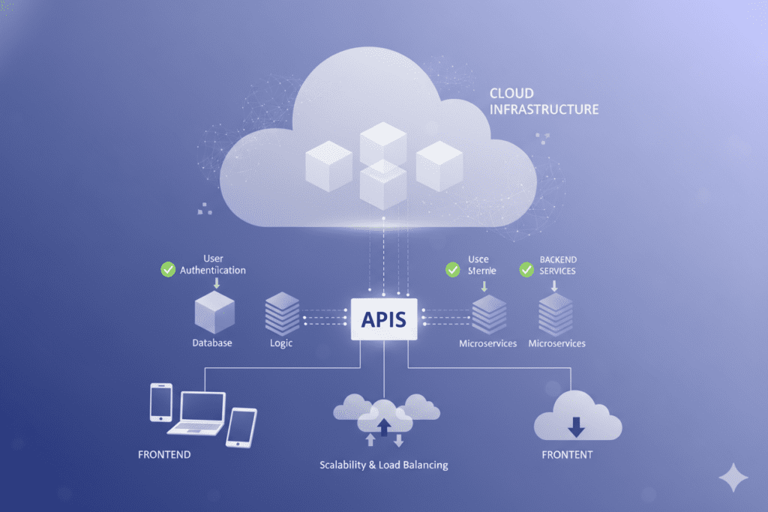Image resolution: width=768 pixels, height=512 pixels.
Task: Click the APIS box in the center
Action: [383, 319]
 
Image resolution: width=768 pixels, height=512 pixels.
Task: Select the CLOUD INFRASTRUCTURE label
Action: [544, 101]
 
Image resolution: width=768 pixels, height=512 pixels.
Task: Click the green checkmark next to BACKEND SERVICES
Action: [526, 269]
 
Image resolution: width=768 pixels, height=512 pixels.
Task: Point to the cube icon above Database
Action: [214, 313]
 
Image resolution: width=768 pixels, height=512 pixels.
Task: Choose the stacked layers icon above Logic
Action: [282, 313]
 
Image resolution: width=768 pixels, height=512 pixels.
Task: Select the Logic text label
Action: [280, 343]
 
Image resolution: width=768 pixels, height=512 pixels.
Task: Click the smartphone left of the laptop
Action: [161, 402]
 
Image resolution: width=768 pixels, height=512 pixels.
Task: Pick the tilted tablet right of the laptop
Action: [241, 427]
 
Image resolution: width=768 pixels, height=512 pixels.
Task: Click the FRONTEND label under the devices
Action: [164, 454]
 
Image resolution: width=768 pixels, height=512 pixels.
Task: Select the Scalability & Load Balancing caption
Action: [383, 465]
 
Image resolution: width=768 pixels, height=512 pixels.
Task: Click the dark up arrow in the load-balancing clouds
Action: [384, 427]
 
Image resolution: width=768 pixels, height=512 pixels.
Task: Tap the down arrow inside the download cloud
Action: [576, 427]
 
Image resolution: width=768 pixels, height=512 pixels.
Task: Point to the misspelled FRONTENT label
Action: [567, 454]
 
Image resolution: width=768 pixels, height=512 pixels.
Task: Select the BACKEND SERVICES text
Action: [557, 265]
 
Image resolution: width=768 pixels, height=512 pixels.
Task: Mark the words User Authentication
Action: [213, 265]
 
